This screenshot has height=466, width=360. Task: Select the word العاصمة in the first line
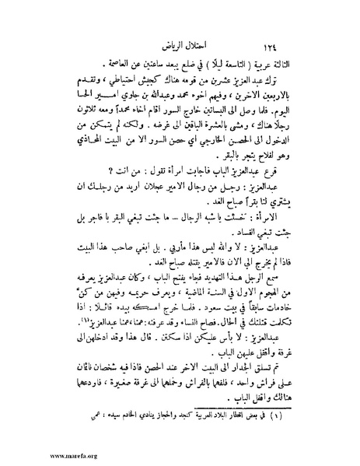[x=85, y=61]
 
